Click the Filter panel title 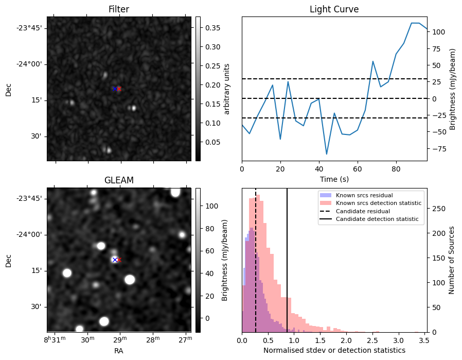[118, 9]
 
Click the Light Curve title [334, 9]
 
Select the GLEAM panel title [118, 180]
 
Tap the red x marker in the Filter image [119, 89]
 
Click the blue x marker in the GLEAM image [115, 260]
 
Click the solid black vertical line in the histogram [287, 268]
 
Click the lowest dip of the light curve [327, 154]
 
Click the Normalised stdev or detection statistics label [334, 350]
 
